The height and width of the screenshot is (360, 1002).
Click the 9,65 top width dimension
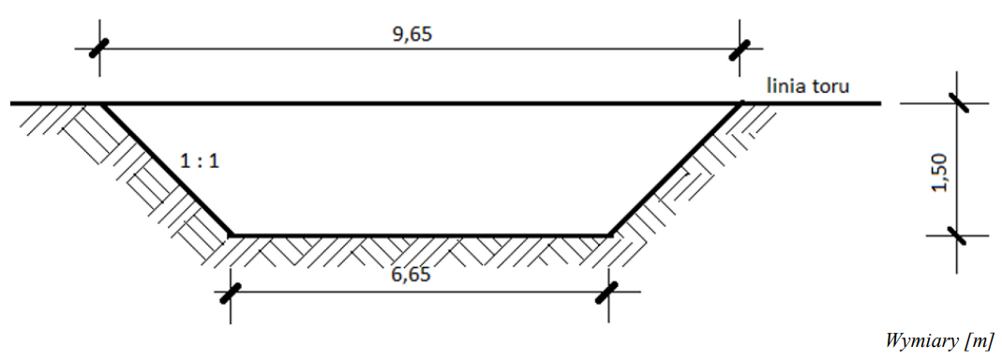click(x=411, y=34)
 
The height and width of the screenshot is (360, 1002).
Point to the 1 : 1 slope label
click(x=200, y=161)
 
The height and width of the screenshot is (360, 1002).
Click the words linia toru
click(x=810, y=85)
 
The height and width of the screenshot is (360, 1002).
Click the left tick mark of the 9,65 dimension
click(x=99, y=48)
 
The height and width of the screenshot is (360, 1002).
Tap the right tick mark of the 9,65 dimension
click(x=740, y=50)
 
